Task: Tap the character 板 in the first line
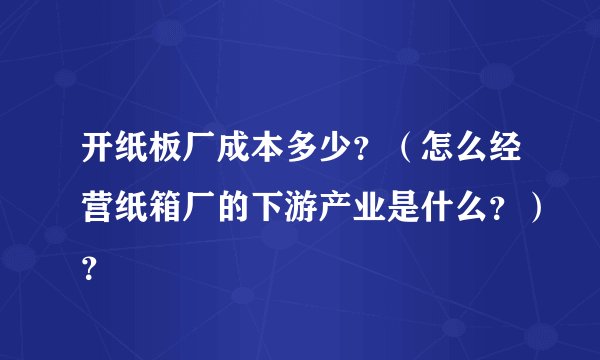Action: click(x=170, y=158)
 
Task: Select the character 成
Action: click(x=240, y=158)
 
